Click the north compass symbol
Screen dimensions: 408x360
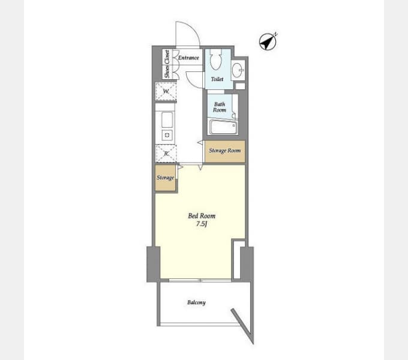(268, 41)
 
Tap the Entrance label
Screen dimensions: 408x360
(188, 58)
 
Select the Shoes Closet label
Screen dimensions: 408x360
(167, 64)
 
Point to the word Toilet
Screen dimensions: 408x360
(217, 79)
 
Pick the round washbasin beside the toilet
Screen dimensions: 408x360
(238, 70)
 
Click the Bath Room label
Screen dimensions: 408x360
(220, 107)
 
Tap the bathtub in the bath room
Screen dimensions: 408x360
(224, 127)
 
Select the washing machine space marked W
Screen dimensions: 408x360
(166, 92)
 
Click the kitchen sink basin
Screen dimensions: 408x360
(167, 120)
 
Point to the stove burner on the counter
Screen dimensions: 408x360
(167, 135)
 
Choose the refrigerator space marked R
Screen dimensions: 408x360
(166, 154)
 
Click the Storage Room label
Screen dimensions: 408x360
(225, 151)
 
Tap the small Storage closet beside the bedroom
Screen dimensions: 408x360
(165, 178)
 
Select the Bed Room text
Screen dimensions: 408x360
(202, 216)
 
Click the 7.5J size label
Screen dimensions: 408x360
(202, 224)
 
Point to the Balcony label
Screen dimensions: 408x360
(196, 302)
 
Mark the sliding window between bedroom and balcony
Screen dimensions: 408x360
(200, 280)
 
